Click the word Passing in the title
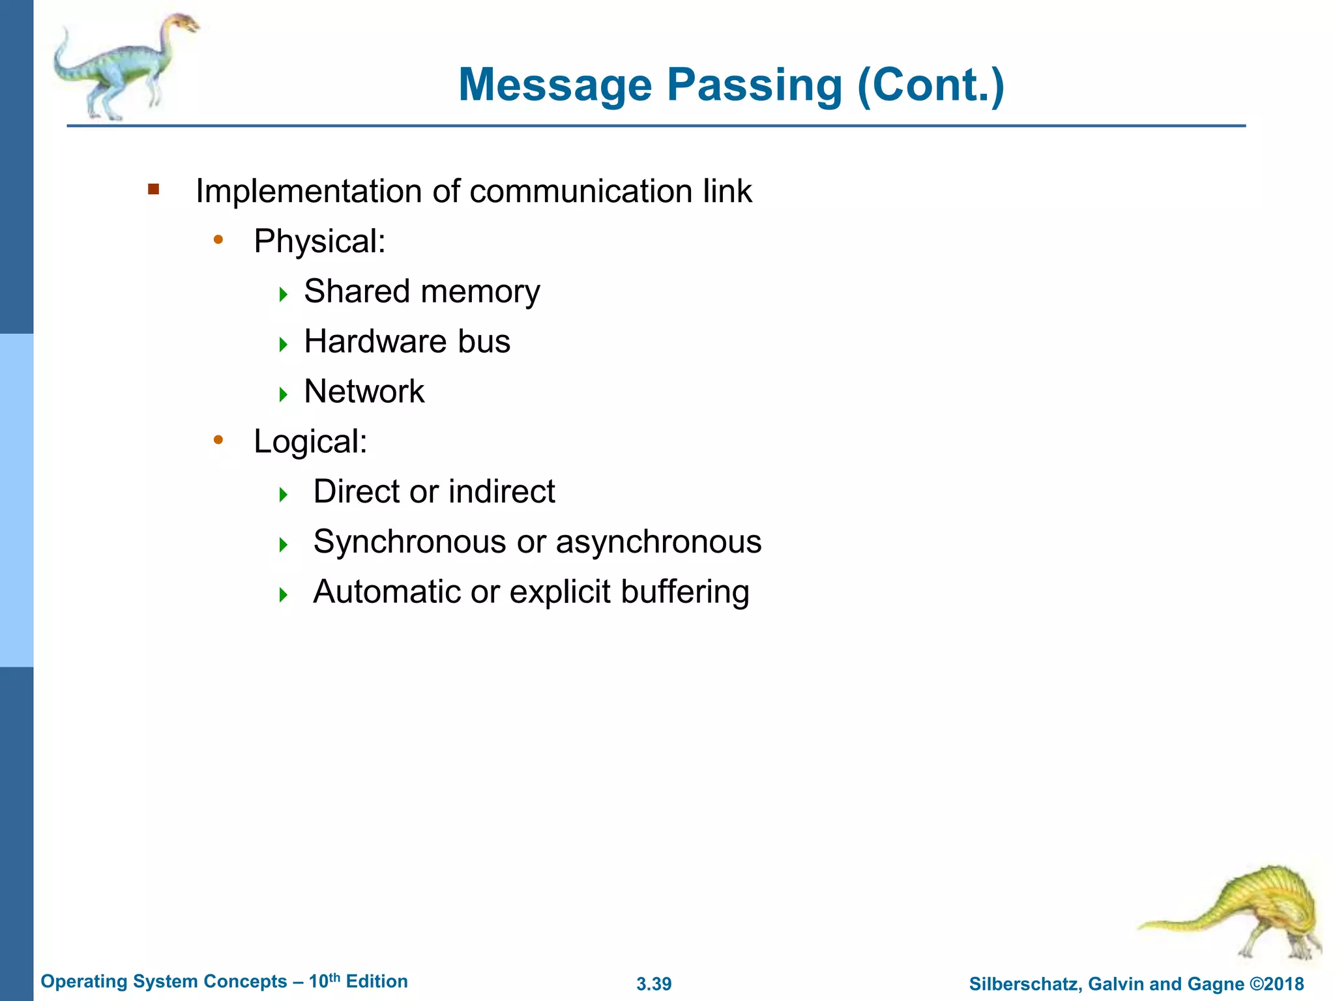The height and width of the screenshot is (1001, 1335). pyautogui.click(x=754, y=85)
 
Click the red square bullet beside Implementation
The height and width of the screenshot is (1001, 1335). pyautogui.click(x=154, y=190)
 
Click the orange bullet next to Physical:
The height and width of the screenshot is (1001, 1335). pyautogui.click(x=218, y=240)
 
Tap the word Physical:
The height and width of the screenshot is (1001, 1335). pyautogui.click(x=319, y=242)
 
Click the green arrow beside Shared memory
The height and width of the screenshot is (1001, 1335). pyautogui.click(x=283, y=294)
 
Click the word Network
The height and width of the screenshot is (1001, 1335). pyautogui.click(x=364, y=392)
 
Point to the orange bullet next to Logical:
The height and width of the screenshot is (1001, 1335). pyautogui.click(x=218, y=441)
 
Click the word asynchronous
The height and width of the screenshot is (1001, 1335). pyautogui.click(x=658, y=542)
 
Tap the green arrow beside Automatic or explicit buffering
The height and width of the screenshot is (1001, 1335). pyautogui.click(x=283, y=594)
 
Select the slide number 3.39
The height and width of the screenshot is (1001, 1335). pyautogui.click(x=654, y=984)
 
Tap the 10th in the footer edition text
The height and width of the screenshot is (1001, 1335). pyautogui.click(x=324, y=981)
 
